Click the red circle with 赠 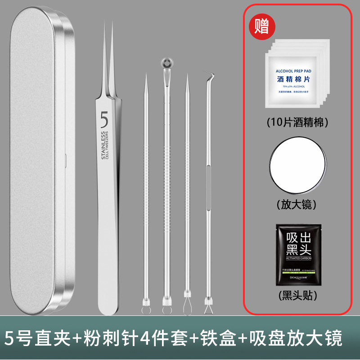261,26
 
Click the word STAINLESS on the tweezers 103,145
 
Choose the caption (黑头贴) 297,296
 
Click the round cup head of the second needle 166,63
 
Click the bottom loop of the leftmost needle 146,310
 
